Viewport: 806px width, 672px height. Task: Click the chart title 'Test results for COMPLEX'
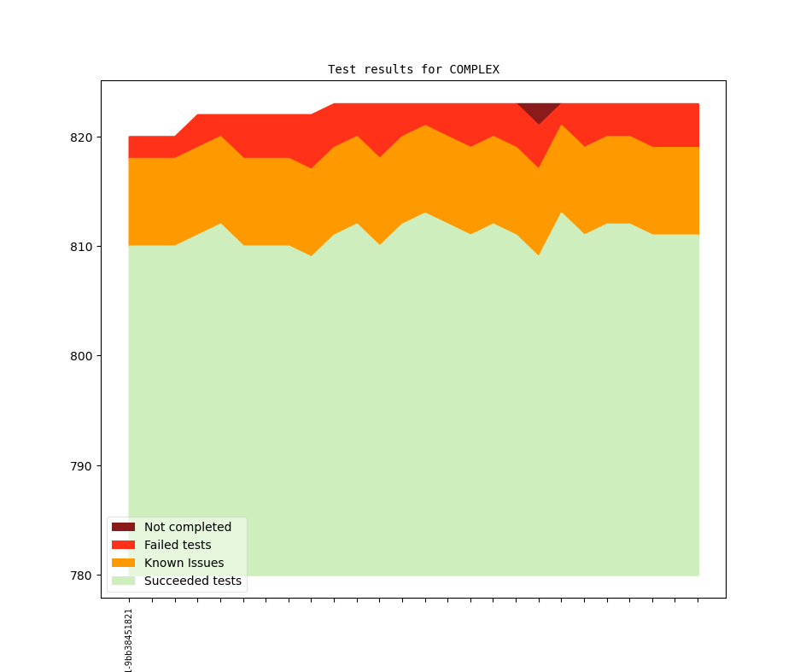tap(413, 69)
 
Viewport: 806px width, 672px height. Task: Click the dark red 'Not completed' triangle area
tap(539, 111)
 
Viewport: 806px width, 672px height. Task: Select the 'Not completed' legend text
tap(188, 527)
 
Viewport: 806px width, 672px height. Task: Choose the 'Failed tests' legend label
tap(178, 545)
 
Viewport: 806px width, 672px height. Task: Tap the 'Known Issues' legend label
tap(184, 563)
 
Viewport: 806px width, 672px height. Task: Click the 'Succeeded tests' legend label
tap(193, 581)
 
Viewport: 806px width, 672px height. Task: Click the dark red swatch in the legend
tap(123, 527)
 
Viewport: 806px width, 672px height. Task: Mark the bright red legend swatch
tap(123, 545)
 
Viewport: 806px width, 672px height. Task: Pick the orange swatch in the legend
tap(123, 563)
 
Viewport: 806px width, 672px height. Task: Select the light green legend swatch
tap(123, 581)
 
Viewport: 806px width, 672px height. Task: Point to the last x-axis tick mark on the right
tap(698, 600)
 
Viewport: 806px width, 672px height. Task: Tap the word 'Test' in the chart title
tap(342, 69)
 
